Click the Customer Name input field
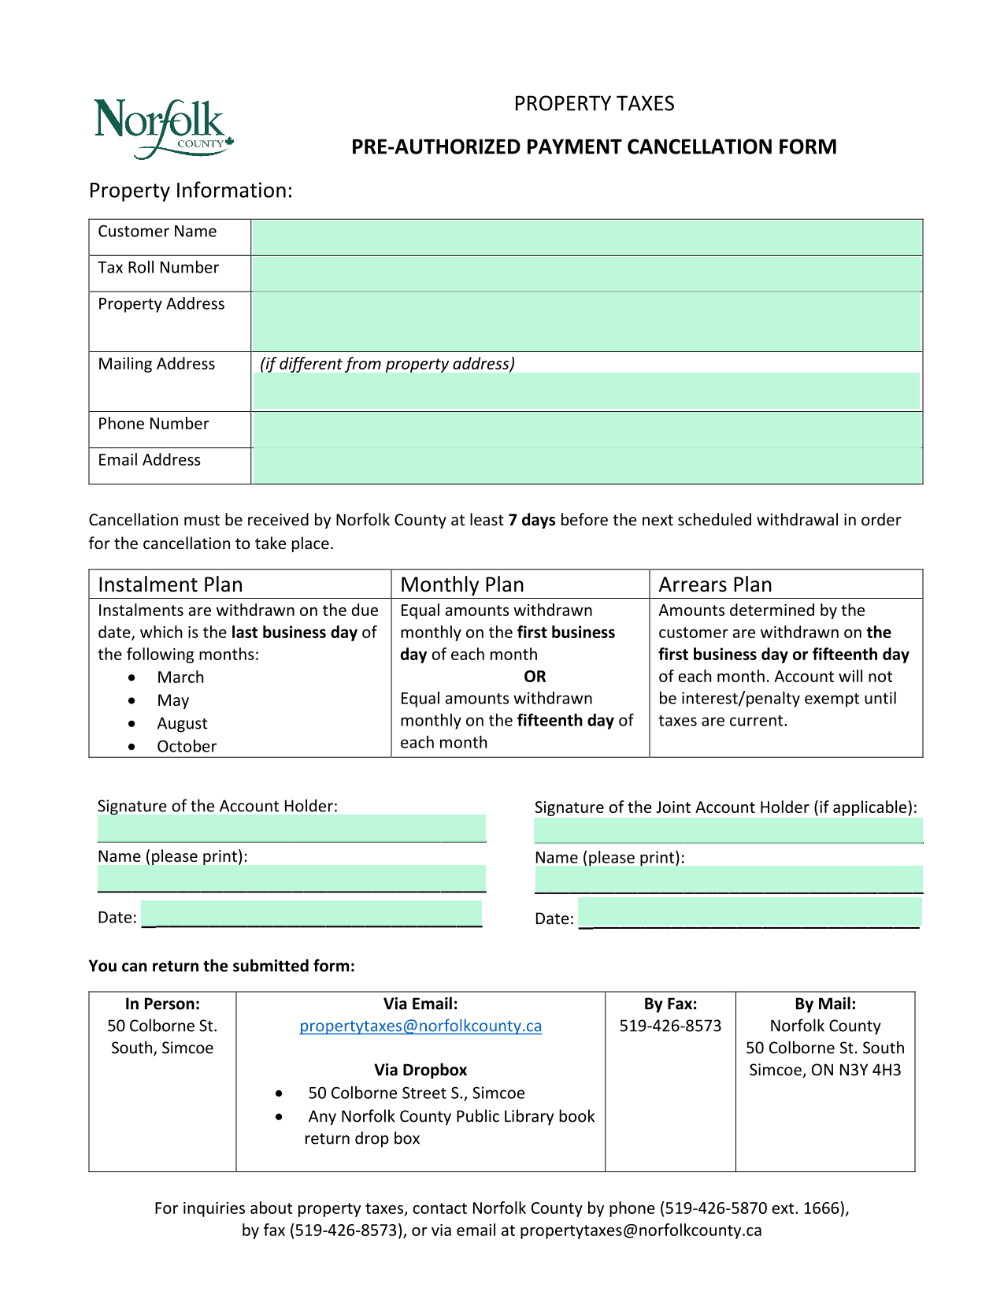586,237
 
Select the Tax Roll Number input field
586,273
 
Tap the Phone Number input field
586,430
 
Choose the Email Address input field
586,466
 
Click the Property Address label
161,304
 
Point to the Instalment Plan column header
170,585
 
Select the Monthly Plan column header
462,585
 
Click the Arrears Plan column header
715,585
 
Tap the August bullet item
182,723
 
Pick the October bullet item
187,746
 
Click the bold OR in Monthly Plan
535,677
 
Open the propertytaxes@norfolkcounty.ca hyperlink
420,1026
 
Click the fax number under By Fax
670,1026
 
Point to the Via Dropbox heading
420,1070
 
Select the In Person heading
162,1004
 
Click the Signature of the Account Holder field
291,829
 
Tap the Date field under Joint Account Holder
749,914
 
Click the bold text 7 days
532,520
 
